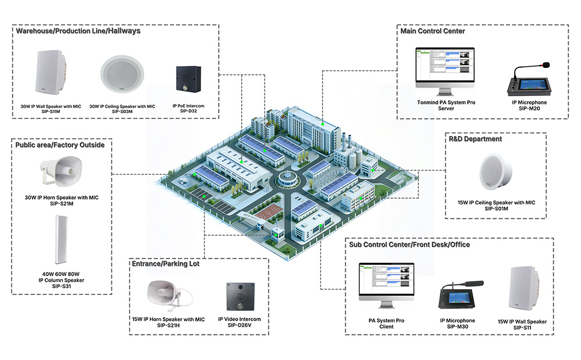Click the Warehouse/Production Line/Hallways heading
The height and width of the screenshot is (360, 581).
coord(78,31)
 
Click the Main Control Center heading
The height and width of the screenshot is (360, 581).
coord(432,31)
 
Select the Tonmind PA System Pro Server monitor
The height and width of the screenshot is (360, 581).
coord(444,70)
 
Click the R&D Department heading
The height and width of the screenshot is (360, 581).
coord(475,139)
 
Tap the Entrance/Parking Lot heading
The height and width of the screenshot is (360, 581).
coord(166,264)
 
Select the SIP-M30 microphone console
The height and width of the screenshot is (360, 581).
coord(457,296)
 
